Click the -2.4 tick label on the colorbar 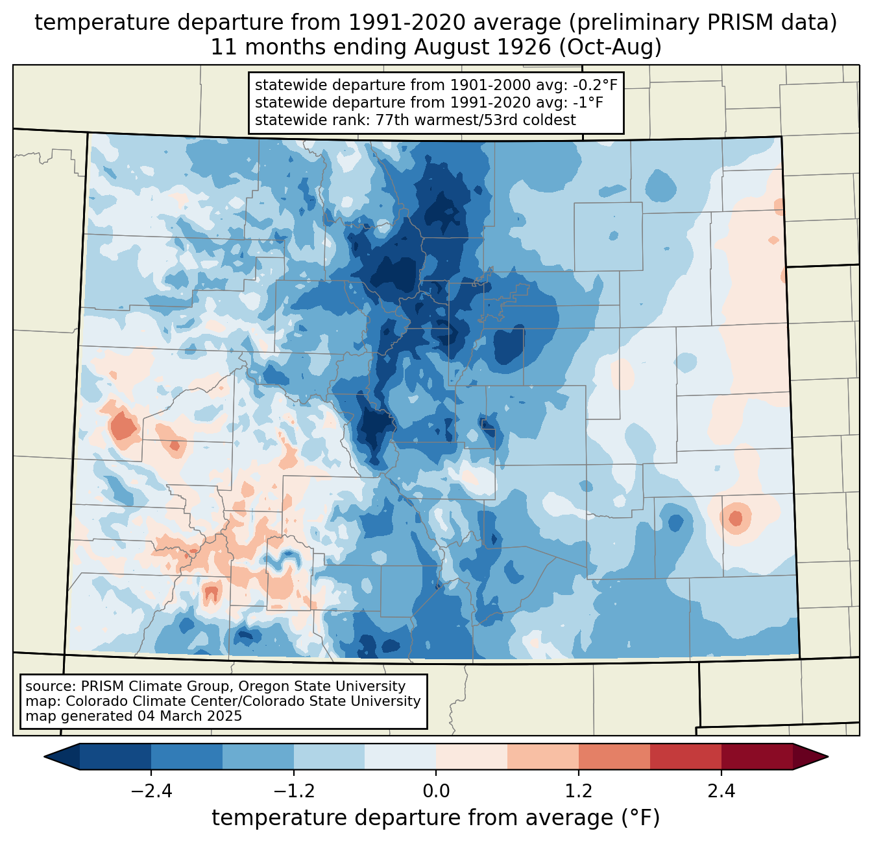tap(151, 791)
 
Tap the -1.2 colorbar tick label tap(293, 791)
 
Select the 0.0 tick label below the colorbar tap(436, 791)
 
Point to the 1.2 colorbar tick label tap(579, 791)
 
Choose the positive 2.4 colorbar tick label tap(721, 791)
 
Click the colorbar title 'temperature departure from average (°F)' tap(436, 818)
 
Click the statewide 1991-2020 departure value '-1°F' tap(588, 102)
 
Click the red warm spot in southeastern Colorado tap(735, 519)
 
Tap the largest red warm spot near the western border tap(123, 428)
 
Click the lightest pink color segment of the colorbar tap(472, 756)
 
